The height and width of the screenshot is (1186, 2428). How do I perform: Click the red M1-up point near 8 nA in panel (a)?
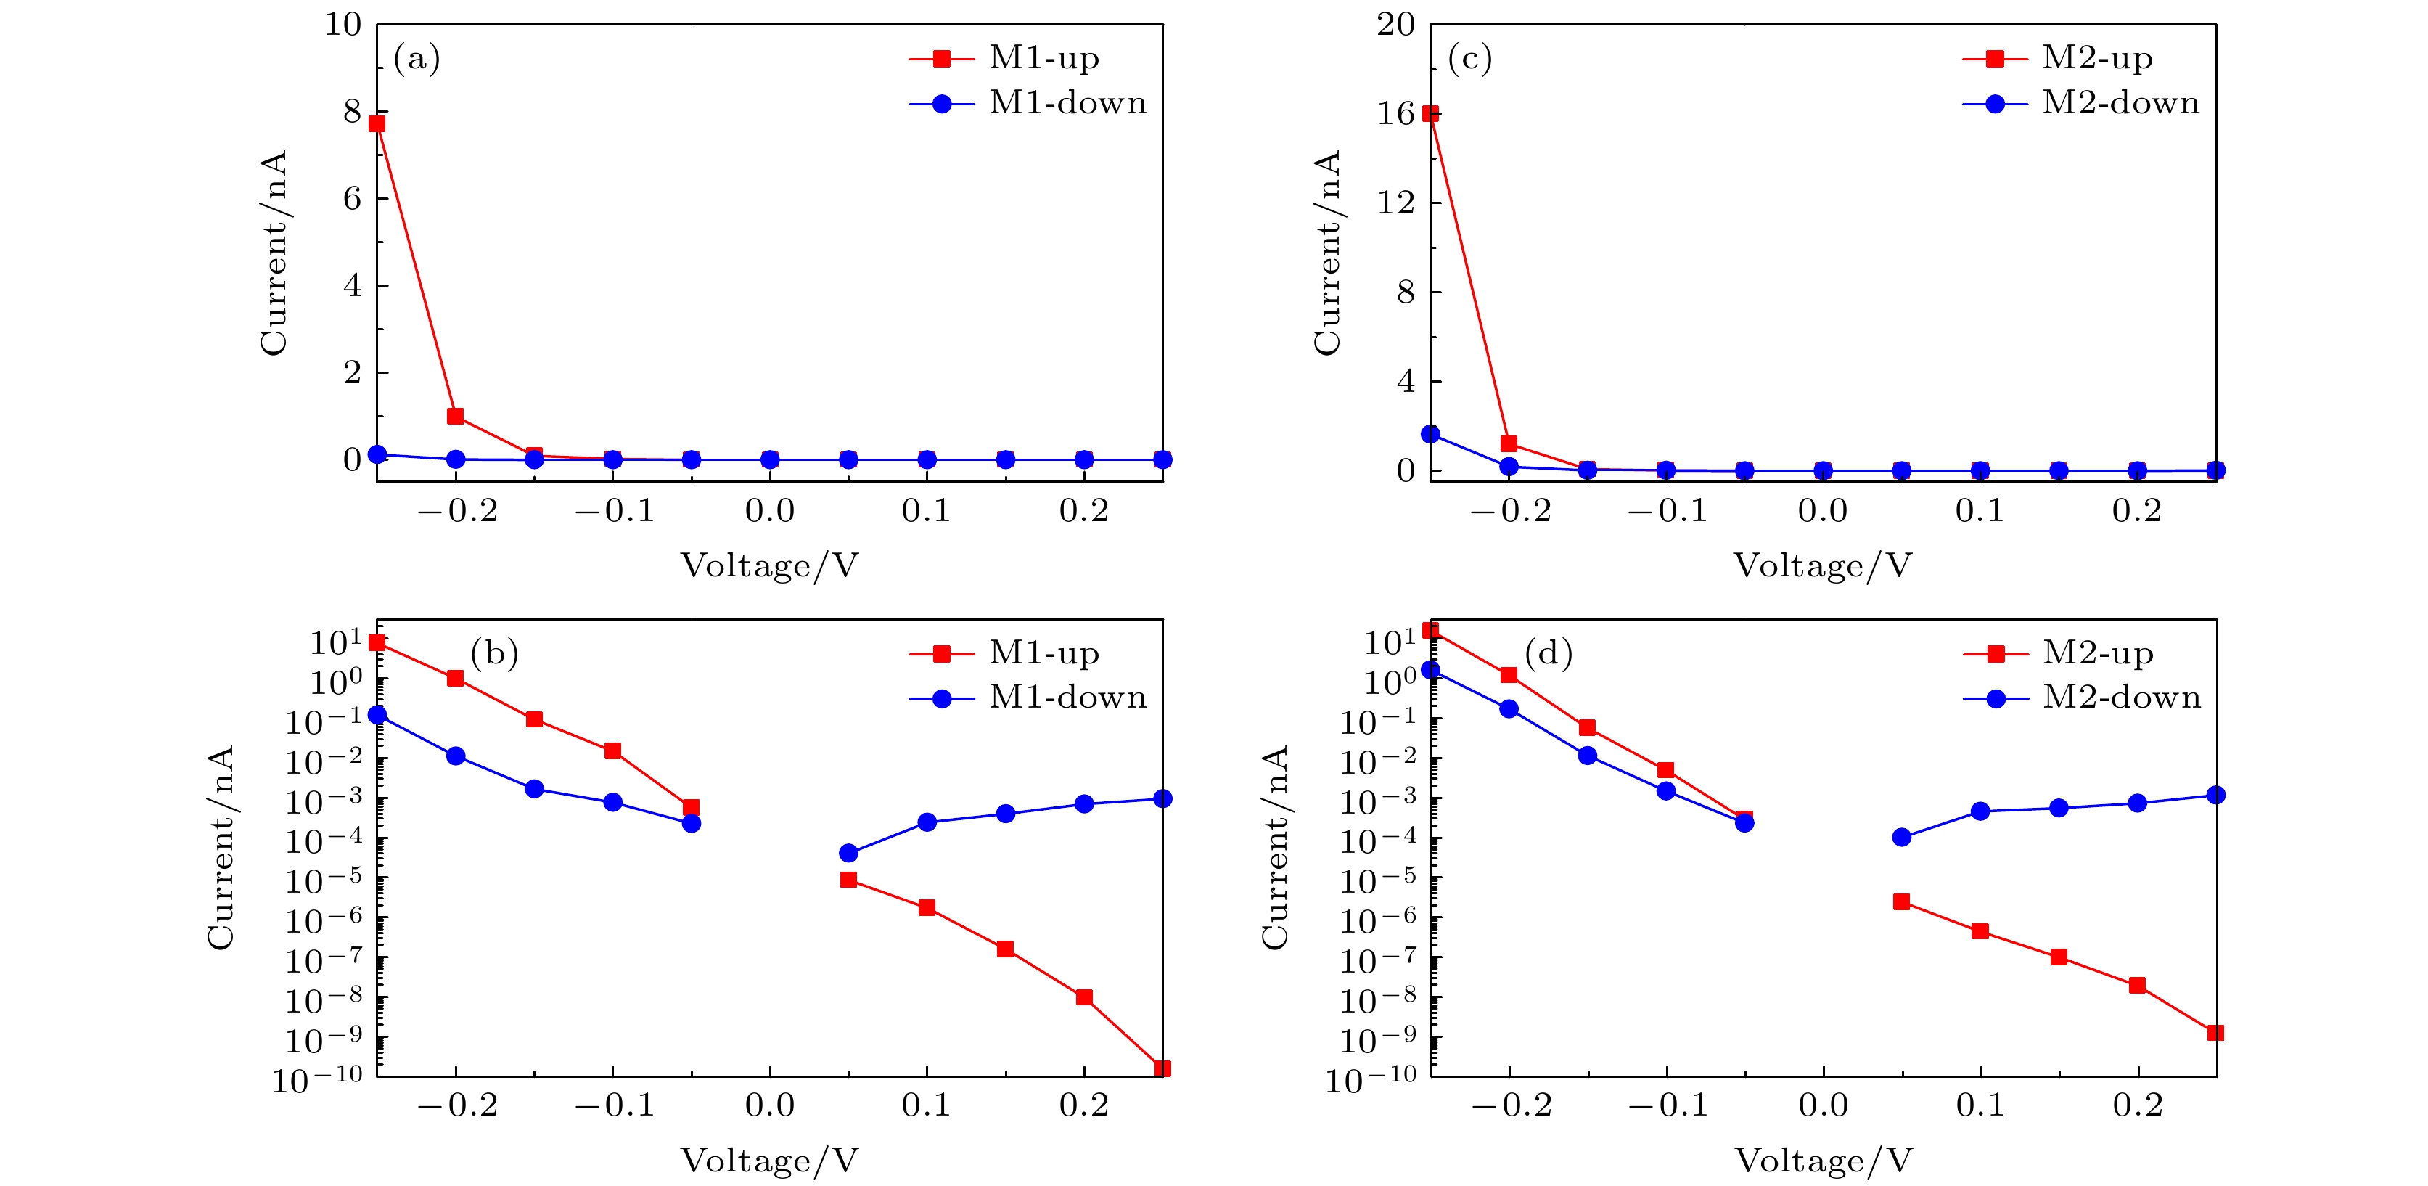click(x=377, y=123)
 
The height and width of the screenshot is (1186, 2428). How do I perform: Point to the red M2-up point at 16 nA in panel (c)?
click(x=1430, y=114)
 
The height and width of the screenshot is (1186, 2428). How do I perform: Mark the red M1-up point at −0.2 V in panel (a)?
click(x=455, y=416)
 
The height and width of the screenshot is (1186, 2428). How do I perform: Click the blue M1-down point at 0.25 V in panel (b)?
click(x=1163, y=798)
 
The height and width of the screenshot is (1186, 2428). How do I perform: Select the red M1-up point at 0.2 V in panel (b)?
click(x=1084, y=997)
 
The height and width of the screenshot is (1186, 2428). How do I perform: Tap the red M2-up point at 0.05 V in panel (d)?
click(x=1901, y=902)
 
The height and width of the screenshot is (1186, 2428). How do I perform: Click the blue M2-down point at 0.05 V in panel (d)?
click(x=1901, y=837)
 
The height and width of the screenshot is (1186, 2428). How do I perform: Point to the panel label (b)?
click(x=494, y=653)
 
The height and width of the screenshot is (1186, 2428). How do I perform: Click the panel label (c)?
click(x=1469, y=60)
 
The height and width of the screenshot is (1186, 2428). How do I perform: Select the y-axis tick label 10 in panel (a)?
click(x=343, y=25)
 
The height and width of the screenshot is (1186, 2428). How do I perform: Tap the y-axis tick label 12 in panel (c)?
click(x=1396, y=202)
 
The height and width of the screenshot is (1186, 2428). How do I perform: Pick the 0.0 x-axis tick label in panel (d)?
click(x=1823, y=1105)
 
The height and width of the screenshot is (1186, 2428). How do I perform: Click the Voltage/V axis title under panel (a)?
click(x=769, y=565)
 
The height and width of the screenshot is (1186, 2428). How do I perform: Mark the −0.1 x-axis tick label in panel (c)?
click(x=1668, y=511)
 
